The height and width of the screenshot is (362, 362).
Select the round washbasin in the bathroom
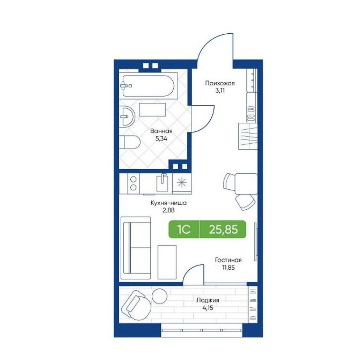[x=127, y=117]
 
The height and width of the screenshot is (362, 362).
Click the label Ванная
[x=161, y=131]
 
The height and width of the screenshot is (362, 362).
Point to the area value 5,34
[x=161, y=139]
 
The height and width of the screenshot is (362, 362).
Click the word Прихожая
[x=220, y=83]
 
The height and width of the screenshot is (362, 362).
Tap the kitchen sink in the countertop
[x=162, y=183]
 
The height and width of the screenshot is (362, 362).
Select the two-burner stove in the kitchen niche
[x=133, y=183]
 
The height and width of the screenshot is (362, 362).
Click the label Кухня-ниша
[x=169, y=203]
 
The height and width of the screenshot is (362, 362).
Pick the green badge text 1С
[x=184, y=229]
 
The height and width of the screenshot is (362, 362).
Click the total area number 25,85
[x=223, y=230]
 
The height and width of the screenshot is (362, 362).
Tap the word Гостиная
[x=228, y=260]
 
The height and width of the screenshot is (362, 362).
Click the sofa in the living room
[x=136, y=248]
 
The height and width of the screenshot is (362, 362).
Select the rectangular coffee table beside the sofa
[x=167, y=262]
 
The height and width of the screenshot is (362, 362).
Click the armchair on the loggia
[x=136, y=305]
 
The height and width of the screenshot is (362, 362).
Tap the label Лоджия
[x=208, y=300]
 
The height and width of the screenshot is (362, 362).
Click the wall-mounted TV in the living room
[x=255, y=242]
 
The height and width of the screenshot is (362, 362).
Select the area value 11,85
[x=228, y=268]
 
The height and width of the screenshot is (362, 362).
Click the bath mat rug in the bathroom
[x=152, y=110]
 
